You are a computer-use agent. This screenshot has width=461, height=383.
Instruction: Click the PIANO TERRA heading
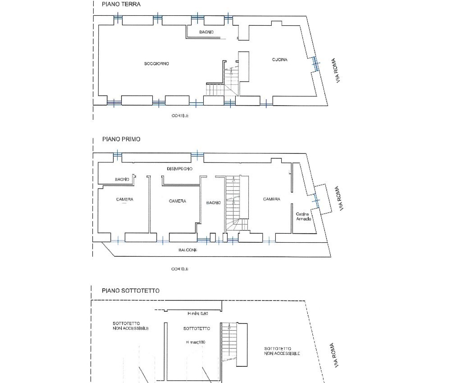(121, 4)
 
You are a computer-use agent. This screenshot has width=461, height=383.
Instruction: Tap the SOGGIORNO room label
(156, 64)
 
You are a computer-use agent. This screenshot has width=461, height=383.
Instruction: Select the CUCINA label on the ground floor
(279, 60)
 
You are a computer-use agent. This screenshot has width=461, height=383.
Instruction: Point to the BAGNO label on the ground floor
(206, 32)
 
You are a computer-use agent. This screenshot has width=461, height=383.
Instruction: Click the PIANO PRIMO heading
(121, 139)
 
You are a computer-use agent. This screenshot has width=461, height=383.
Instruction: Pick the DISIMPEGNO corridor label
(180, 169)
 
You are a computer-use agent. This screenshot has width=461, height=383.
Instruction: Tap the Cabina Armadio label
(303, 216)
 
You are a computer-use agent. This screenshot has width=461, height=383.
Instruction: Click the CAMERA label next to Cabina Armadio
(272, 199)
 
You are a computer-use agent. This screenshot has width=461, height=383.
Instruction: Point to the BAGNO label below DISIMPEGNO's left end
(122, 180)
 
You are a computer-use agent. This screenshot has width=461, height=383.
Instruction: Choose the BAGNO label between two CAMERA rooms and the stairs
(213, 203)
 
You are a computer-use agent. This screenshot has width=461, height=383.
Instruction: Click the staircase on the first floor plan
(234, 201)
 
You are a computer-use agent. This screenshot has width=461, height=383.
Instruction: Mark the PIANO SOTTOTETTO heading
(130, 291)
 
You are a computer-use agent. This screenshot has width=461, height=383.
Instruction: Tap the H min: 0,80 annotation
(197, 313)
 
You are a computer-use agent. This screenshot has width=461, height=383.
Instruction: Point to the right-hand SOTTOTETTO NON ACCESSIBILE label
(282, 351)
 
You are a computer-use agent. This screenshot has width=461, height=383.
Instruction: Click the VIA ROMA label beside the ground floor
(336, 70)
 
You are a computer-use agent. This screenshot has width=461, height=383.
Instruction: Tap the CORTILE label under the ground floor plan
(180, 116)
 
